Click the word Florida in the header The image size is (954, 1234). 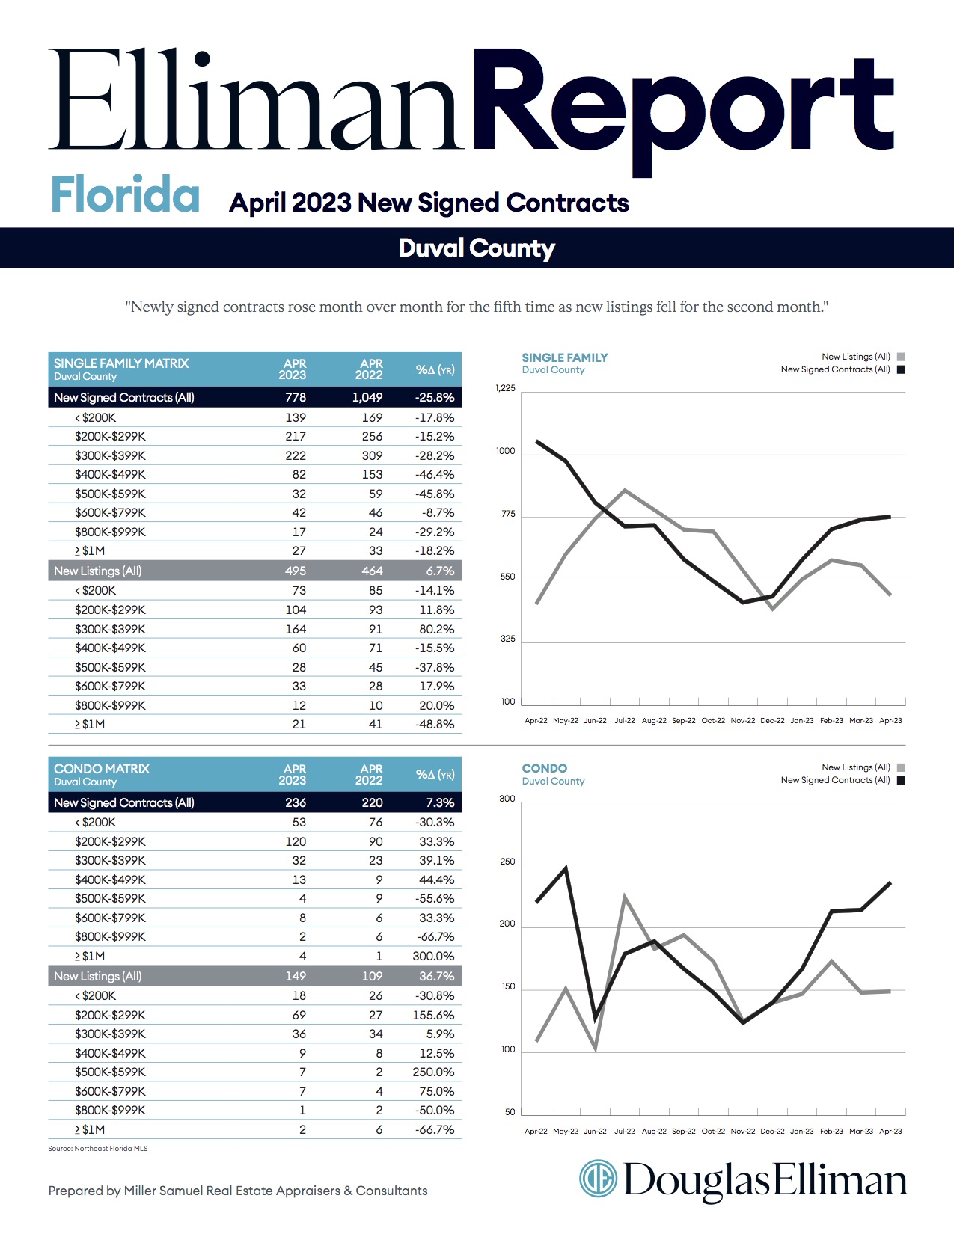pos(125,194)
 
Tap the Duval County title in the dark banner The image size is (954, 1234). pos(477,248)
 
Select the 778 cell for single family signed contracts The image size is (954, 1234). pos(296,397)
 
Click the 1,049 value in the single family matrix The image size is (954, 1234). pos(367,397)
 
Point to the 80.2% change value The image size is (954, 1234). pos(436,629)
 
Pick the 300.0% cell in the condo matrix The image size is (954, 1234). pos(433,956)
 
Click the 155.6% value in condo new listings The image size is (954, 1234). pos(433,1015)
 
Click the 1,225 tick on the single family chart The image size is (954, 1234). pos(505,388)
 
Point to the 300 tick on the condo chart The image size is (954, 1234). pos(507,799)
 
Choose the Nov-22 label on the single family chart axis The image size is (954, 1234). pos(743,721)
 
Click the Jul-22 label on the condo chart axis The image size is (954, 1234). pos(625,1132)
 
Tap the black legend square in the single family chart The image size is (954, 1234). pos(901,369)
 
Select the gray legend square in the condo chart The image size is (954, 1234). pos(901,767)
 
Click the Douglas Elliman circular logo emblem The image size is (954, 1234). pos(598,1179)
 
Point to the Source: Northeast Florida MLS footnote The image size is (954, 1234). pos(98,1148)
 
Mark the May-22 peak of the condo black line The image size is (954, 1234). pos(566,867)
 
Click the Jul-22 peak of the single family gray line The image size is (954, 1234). pos(625,490)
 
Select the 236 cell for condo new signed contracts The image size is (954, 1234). pos(296,802)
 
